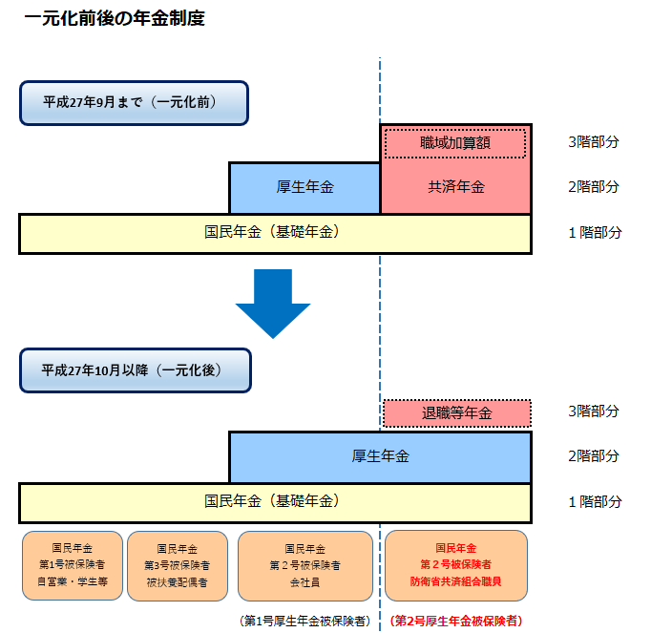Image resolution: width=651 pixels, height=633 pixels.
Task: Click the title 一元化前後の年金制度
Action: click(114, 19)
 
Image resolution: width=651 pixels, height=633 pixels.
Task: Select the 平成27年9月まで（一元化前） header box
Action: click(134, 103)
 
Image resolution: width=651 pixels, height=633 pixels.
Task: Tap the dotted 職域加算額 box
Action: click(455, 143)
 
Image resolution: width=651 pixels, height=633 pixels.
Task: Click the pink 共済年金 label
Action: click(455, 187)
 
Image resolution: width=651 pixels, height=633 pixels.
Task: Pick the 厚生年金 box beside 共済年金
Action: click(304, 187)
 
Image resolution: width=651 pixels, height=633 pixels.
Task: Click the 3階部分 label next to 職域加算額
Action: click(593, 142)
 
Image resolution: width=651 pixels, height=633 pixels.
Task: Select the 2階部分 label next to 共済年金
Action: click(593, 187)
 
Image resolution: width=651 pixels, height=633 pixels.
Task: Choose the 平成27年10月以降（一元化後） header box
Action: click(135, 370)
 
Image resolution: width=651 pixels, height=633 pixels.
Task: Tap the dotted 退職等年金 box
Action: click(456, 413)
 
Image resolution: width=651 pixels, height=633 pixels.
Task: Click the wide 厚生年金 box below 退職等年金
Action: click(380, 456)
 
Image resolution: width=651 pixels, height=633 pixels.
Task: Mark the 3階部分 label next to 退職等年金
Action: click(593, 411)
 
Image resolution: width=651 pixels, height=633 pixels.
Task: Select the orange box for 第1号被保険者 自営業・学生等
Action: click(73, 565)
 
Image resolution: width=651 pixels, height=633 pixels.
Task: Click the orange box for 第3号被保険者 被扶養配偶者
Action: click(177, 565)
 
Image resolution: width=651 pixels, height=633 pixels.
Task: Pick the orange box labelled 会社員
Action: click(304, 565)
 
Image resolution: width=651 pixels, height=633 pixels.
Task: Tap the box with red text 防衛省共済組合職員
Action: click(455, 565)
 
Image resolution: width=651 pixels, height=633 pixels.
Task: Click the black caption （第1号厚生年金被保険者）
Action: click(304, 621)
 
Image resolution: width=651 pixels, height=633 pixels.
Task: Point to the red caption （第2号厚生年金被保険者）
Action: click(456, 621)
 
